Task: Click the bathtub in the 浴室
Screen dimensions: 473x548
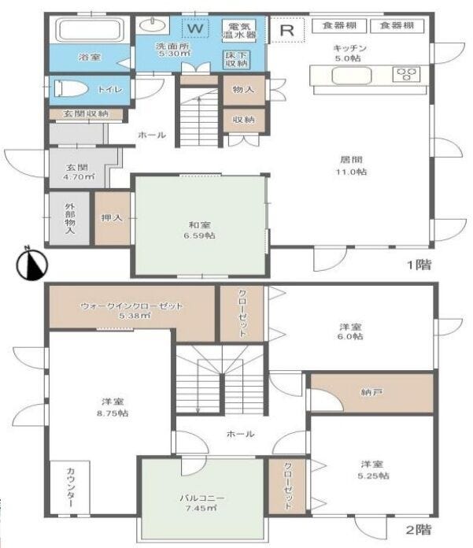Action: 91,30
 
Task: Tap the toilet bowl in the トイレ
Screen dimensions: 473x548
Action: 71,89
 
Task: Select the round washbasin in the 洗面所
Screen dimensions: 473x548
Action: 153,25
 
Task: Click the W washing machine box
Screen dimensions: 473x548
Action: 195,28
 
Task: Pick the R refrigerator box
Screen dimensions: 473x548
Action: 287,30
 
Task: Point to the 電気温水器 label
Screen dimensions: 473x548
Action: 239,31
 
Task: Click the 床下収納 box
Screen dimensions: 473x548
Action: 236,59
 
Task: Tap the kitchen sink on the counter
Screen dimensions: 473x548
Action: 351,76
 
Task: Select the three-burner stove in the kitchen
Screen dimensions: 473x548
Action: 406,75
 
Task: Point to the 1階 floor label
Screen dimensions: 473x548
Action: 419,265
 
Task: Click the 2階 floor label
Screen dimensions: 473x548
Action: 419,529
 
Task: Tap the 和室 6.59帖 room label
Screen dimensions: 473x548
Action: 199,230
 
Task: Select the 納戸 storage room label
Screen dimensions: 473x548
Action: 371,392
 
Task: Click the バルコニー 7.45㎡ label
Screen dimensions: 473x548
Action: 202,502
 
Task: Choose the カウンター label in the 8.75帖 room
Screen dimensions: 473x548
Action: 70,487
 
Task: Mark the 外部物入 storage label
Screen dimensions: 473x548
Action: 70,218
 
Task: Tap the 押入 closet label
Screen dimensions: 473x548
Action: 112,218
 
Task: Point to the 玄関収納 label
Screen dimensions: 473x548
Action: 86,113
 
